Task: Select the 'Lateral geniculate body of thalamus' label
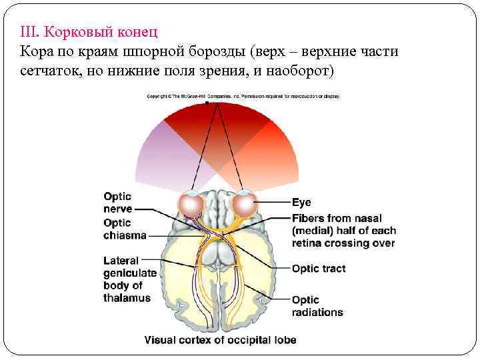(129, 279)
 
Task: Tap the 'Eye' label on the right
(301, 202)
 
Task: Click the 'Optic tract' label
(319, 269)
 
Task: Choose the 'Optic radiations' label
(317, 305)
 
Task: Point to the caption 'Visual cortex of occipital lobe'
(220, 339)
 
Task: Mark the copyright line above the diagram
(243, 96)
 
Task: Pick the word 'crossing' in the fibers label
(351, 243)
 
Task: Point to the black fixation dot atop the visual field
(208, 103)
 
